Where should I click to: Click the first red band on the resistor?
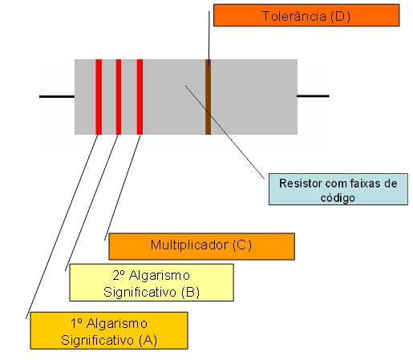coord(99,97)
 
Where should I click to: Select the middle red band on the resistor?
coord(119,97)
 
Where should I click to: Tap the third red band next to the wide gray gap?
coord(140,97)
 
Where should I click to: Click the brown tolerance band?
coord(208,97)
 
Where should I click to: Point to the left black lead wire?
coord(57,96)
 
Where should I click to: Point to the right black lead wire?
coord(313,96)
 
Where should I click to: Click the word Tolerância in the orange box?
coord(294,16)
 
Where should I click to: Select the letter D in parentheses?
coord(340,17)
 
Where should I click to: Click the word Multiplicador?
coord(189,245)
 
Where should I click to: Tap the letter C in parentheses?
coord(242,245)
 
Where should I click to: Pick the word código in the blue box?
coord(338,198)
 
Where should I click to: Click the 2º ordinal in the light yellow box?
coord(119,275)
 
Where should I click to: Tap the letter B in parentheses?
coord(190,292)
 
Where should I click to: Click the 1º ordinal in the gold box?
coord(76,323)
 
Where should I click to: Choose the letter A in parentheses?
coord(148,340)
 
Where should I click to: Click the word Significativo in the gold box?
coord(97,341)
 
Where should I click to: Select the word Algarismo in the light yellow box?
coord(160,276)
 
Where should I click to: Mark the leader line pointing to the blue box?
coord(225,132)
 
